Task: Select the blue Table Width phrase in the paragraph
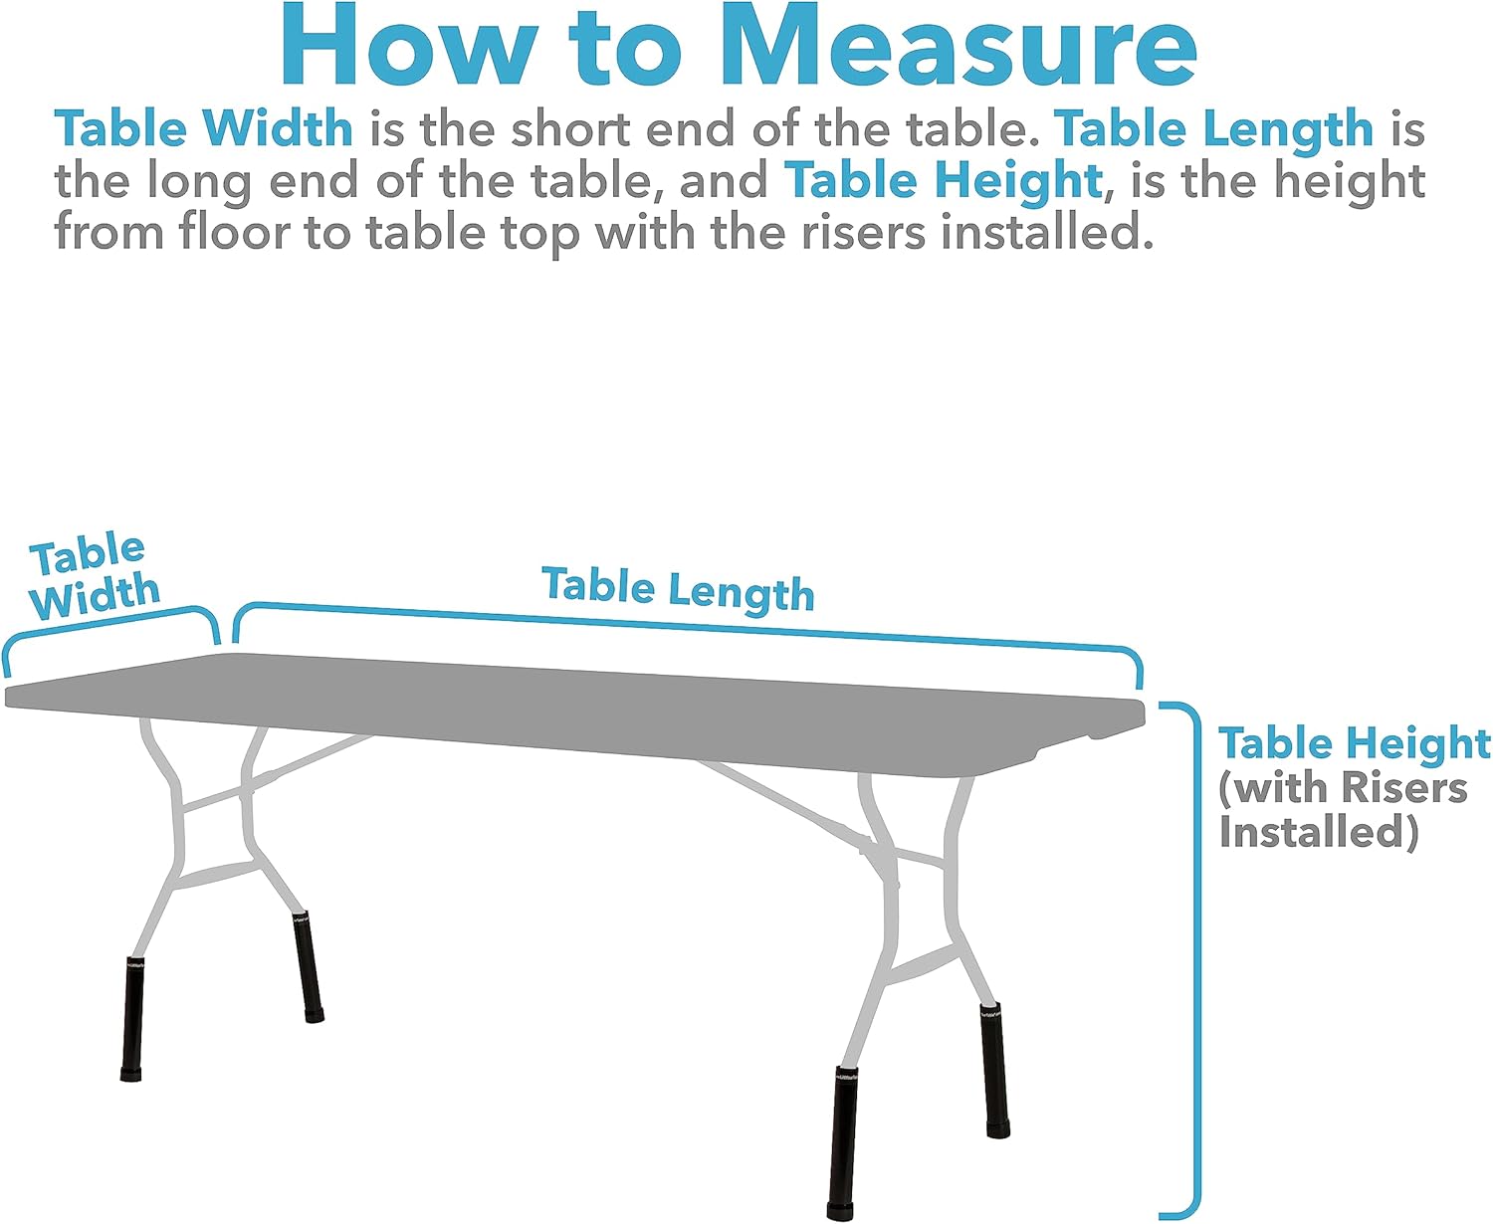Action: click(x=204, y=129)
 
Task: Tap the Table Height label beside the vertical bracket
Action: click(x=1355, y=743)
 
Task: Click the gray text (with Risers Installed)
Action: click(x=1343, y=809)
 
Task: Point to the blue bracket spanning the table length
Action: click(x=687, y=627)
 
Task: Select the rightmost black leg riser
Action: click(x=994, y=1070)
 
